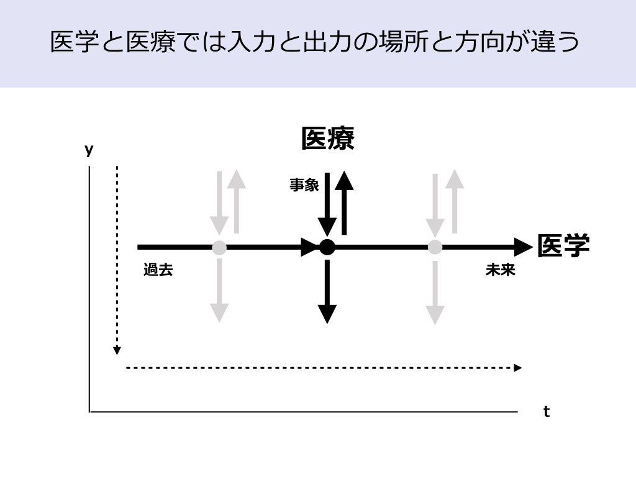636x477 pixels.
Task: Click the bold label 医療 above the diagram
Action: (328, 139)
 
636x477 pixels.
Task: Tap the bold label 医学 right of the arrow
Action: (563, 246)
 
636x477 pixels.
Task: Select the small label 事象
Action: (304, 184)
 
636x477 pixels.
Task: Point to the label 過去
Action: (158, 270)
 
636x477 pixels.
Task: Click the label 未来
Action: (501, 270)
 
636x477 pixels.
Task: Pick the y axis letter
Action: (89, 150)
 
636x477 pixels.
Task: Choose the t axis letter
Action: (547, 411)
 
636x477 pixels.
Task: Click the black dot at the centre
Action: (327, 247)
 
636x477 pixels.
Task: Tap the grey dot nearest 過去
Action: (219, 247)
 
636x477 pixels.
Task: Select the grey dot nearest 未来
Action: (435, 247)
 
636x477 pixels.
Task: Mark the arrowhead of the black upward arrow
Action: (344, 179)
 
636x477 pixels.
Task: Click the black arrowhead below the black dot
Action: (327, 314)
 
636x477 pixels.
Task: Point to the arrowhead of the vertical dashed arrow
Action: (117, 351)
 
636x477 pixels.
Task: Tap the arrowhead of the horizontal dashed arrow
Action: (518, 368)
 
